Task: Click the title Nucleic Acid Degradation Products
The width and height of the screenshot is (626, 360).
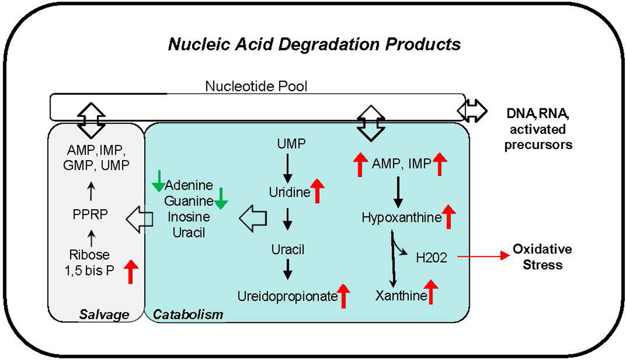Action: (314, 45)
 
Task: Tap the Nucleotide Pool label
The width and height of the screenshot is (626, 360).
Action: (256, 86)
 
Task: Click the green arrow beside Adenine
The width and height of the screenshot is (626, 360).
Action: (158, 182)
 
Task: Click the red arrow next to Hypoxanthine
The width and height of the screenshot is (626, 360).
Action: (448, 216)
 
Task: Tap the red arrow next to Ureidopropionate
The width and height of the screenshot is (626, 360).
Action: (343, 296)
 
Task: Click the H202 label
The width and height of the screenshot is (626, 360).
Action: (432, 257)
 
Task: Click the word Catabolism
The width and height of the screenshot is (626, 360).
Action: (188, 315)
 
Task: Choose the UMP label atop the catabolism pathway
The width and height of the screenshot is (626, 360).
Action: (288, 144)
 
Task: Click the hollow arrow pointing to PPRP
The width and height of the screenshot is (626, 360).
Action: (139, 217)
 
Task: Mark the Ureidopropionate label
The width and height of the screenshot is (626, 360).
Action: (287, 296)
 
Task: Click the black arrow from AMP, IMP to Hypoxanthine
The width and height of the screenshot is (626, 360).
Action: (398, 192)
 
